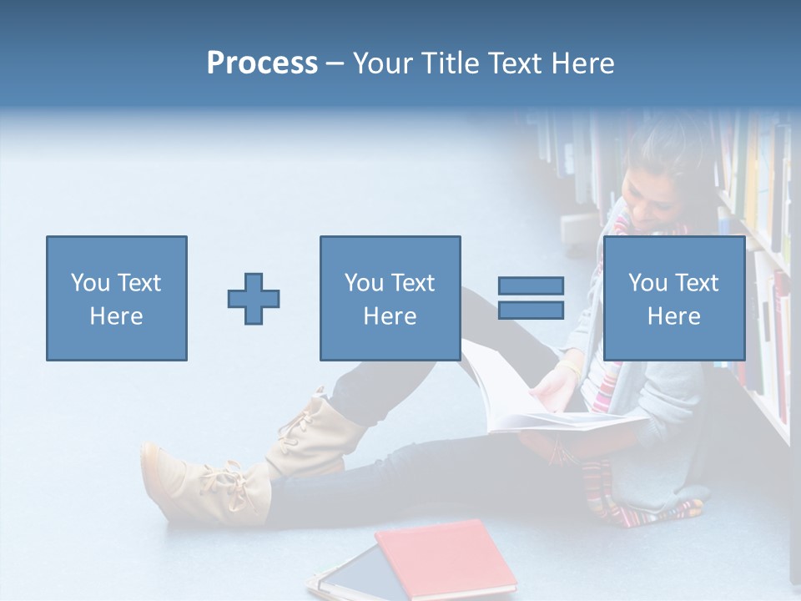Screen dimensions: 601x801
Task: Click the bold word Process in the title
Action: (x=262, y=63)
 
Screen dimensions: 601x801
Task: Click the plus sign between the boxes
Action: (x=254, y=298)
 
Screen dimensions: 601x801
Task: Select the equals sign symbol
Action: (x=531, y=298)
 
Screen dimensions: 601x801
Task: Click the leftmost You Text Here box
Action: (x=117, y=298)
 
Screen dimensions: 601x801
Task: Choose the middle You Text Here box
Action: (x=390, y=298)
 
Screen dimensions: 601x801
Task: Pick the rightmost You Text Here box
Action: (x=673, y=298)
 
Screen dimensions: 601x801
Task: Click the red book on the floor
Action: (x=446, y=558)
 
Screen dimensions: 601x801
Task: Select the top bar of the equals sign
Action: (x=531, y=286)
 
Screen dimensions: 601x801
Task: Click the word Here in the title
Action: (x=583, y=63)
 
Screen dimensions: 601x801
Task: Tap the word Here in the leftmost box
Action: (x=116, y=316)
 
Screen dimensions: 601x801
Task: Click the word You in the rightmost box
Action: (x=647, y=283)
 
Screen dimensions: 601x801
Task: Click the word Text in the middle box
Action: (x=413, y=283)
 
